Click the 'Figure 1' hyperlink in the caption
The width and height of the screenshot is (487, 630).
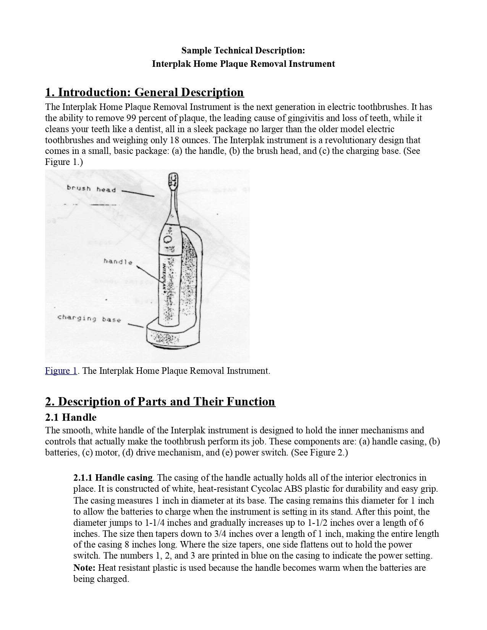[61, 371]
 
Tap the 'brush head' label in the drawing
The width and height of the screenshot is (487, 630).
[91, 189]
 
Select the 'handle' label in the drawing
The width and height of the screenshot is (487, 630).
[118, 262]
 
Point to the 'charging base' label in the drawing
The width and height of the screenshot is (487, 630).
[89, 318]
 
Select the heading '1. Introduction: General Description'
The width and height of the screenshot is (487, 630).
[144, 92]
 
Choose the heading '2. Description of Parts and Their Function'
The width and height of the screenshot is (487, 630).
[160, 402]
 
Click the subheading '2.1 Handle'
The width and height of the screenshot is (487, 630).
[71, 417]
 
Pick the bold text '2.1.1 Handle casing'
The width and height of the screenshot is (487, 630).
[113, 478]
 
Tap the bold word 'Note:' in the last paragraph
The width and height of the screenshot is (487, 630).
[84, 568]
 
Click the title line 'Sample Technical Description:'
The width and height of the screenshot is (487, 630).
[243, 50]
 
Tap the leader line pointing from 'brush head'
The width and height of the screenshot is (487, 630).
[138, 193]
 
